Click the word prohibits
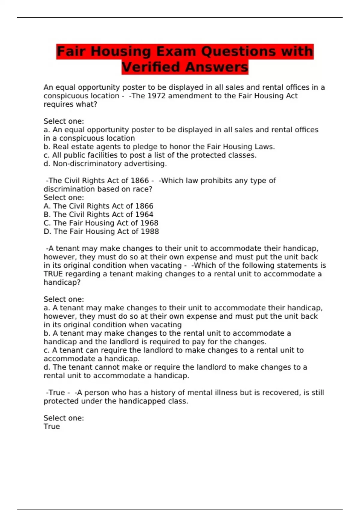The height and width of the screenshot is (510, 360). [215, 181]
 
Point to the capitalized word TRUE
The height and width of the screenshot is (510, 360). [53, 274]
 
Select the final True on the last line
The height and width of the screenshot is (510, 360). [52, 427]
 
